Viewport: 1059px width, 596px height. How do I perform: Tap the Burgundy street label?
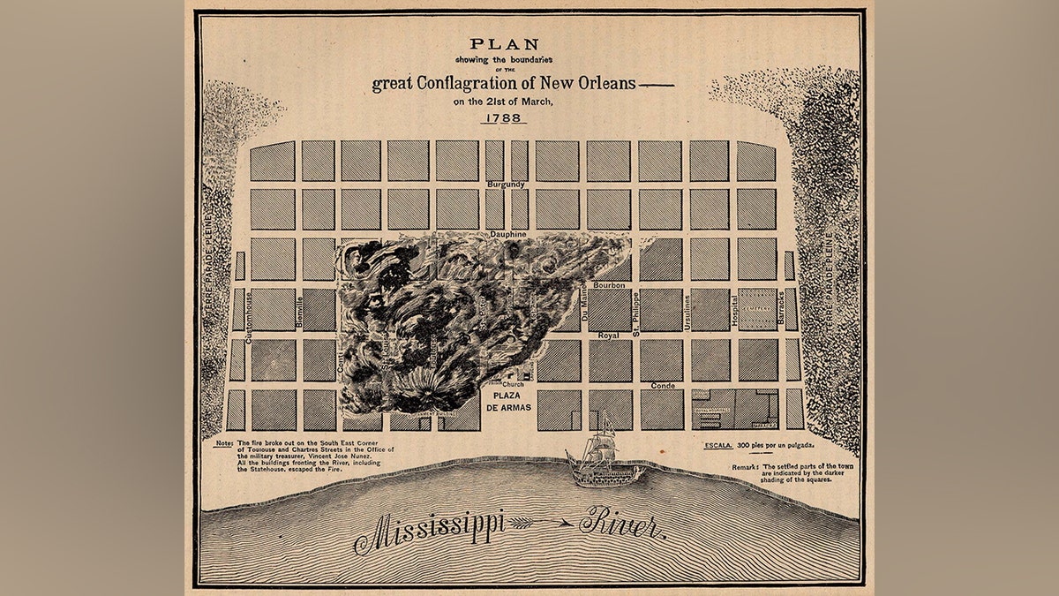[507, 185]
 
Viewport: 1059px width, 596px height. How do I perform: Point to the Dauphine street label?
[507, 234]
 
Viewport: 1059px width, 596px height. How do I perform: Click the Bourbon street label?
[609, 285]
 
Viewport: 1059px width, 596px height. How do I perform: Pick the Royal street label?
[609, 336]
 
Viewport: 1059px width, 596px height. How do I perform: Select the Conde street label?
[663, 386]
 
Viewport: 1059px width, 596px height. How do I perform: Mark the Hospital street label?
[734, 311]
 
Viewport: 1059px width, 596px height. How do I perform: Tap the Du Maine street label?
[583, 309]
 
